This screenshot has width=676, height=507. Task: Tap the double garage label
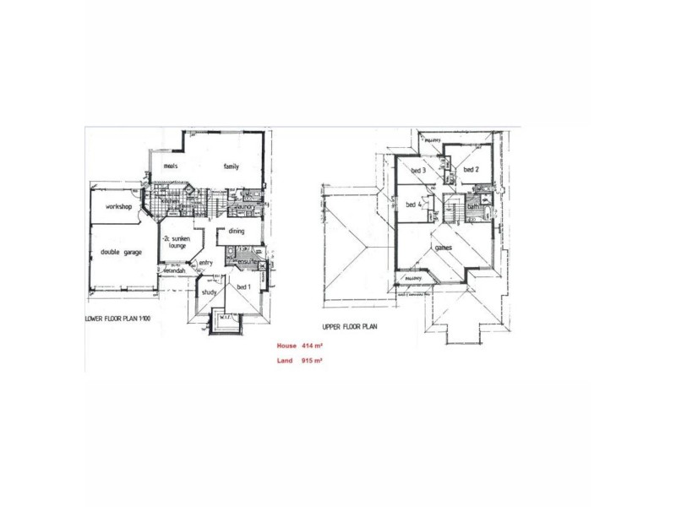pyautogui.click(x=122, y=253)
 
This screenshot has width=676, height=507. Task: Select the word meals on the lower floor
pyautogui.click(x=174, y=166)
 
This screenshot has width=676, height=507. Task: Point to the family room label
pyautogui.click(x=232, y=166)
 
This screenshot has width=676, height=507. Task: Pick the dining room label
pyautogui.click(x=237, y=231)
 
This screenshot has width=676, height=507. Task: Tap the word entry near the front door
pyautogui.click(x=206, y=263)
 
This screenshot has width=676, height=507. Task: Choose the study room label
pyautogui.click(x=210, y=292)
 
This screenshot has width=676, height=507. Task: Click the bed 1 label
pyautogui.click(x=244, y=288)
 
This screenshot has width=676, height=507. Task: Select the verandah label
pyautogui.click(x=173, y=270)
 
